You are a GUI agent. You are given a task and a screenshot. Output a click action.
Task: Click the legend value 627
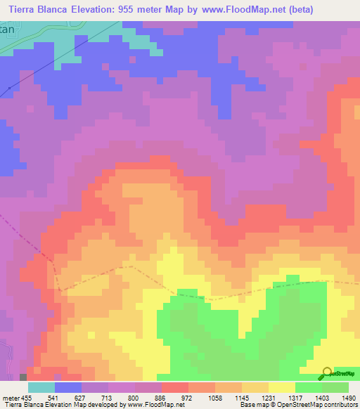(96, 397)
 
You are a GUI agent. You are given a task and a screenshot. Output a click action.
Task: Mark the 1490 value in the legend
(349, 397)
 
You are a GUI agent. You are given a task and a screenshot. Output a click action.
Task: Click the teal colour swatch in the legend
(41, 387)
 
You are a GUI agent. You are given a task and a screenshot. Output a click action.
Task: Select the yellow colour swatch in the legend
(281, 387)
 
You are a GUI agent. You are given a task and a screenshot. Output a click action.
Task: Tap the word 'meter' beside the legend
(11, 397)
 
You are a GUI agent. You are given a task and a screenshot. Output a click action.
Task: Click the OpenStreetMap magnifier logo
(328, 373)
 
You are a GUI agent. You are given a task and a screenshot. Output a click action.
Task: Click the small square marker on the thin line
(9, 88)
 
